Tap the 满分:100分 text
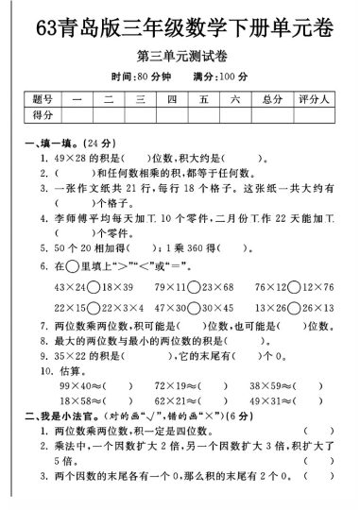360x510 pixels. pyautogui.click(x=220, y=76)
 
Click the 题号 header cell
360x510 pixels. pyautogui.click(x=42, y=99)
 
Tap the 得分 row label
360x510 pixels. pyautogui.click(x=42, y=114)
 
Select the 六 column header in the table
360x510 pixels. pyautogui.click(x=235, y=99)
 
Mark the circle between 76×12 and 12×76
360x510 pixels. pyautogui.click(x=294, y=286)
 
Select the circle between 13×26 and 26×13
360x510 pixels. pyautogui.click(x=294, y=308)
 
